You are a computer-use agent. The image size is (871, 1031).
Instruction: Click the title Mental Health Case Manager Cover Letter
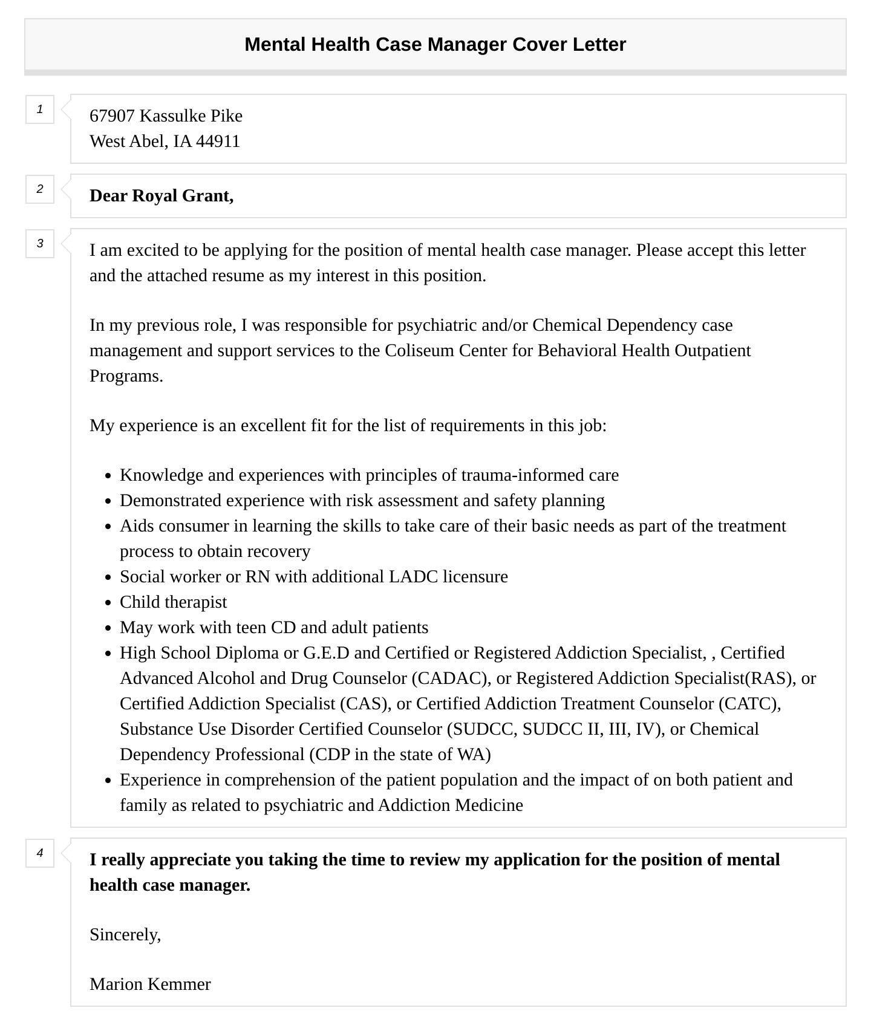[x=435, y=44]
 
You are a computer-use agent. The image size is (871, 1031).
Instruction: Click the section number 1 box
[x=40, y=109]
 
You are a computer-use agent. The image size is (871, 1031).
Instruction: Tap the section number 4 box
[x=40, y=853]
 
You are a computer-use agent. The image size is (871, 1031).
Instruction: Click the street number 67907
[x=112, y=116]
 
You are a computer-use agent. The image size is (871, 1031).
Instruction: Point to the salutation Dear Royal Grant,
[x=161, y=196]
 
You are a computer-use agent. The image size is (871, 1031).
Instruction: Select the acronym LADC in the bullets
[x=413, y=577]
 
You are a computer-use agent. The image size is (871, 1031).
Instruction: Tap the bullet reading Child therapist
[x=173, y=602]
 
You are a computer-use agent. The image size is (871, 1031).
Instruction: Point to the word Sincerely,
[x=125, y=935]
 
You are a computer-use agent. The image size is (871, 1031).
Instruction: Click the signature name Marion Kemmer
[x=150, y=984]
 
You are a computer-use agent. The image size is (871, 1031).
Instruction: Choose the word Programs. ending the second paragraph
[x=126, y=376]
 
